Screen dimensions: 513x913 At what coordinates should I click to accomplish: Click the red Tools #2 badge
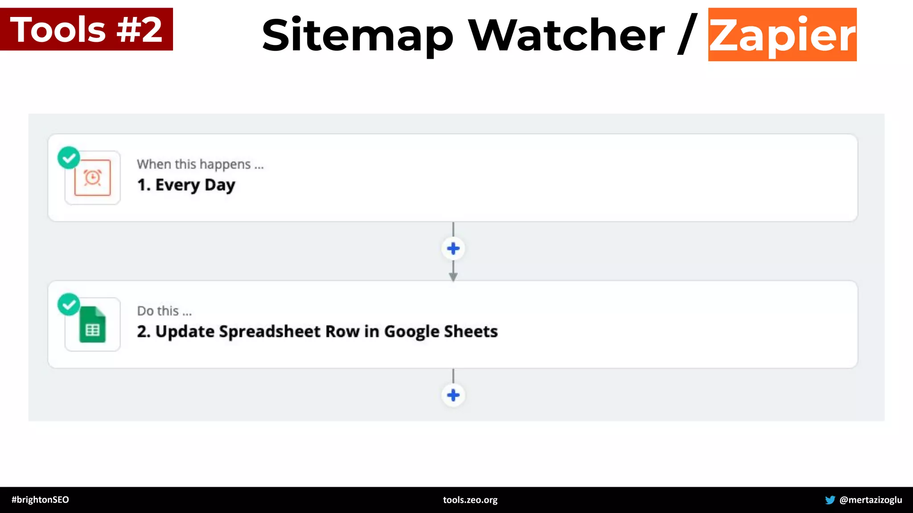tap(86, 29)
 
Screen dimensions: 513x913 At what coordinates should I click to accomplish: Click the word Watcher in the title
tap(566, 35)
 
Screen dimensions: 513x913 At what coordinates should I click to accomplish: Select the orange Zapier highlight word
tap(782, 35)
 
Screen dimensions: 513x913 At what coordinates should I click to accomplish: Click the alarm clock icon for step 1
tap(93, 178)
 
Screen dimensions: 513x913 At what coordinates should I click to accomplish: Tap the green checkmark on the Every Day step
tap(69, 158)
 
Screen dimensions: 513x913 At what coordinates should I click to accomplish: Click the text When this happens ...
tap(200, 164)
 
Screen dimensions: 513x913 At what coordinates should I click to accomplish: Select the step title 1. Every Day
tap(186, 185)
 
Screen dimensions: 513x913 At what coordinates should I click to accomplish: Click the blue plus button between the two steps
tap(453, 248)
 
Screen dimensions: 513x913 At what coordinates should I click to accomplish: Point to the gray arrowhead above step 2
tap(453, 277)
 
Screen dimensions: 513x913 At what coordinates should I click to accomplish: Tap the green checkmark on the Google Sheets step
tap(69, 305)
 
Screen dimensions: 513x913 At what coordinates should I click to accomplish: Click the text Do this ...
tap(164, 311)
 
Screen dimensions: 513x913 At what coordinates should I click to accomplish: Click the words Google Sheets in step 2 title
tap(441, 332)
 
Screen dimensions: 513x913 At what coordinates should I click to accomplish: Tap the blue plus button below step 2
tap(453, 395)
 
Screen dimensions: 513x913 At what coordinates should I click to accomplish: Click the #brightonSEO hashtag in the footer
tap(40, 500)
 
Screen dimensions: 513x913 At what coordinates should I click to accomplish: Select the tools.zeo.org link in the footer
tap(470, 500)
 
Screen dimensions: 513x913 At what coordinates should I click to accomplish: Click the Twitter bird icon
tap(830, 500)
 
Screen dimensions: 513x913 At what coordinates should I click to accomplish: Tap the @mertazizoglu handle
tap(870, 500)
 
